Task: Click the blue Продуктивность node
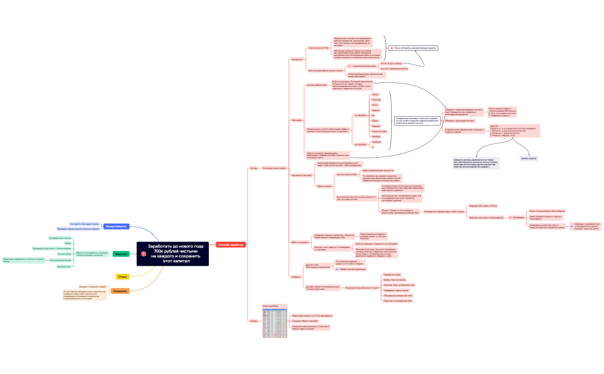116,226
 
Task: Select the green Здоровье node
120,254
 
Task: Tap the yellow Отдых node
123,277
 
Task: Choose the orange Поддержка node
120,291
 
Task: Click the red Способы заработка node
231,245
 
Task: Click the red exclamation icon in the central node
144,254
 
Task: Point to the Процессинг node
297,59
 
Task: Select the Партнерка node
297,120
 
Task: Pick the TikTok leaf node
376,94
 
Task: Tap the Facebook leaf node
377,142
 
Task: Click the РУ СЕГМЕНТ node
360,115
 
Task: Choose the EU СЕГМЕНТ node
360,144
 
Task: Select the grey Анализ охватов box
529,158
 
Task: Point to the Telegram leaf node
376,100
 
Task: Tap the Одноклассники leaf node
379,131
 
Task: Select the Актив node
254,168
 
